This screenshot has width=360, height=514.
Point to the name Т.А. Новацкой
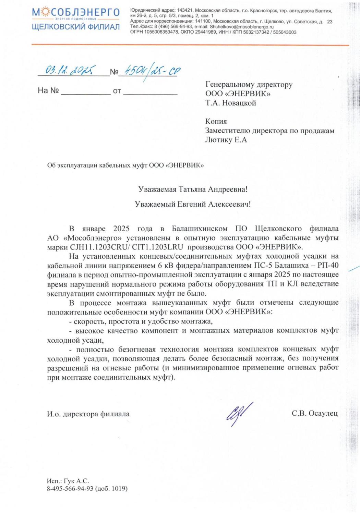point(230,103)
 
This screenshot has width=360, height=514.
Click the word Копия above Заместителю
point(216,121)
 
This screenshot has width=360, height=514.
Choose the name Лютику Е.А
point(226,140)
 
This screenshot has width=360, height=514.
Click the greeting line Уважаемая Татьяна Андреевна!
point(193,189)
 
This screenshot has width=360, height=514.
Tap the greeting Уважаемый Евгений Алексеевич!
point(193,204)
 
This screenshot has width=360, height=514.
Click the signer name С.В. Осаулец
point(314,414)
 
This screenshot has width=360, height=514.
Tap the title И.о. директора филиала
point(88,414)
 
